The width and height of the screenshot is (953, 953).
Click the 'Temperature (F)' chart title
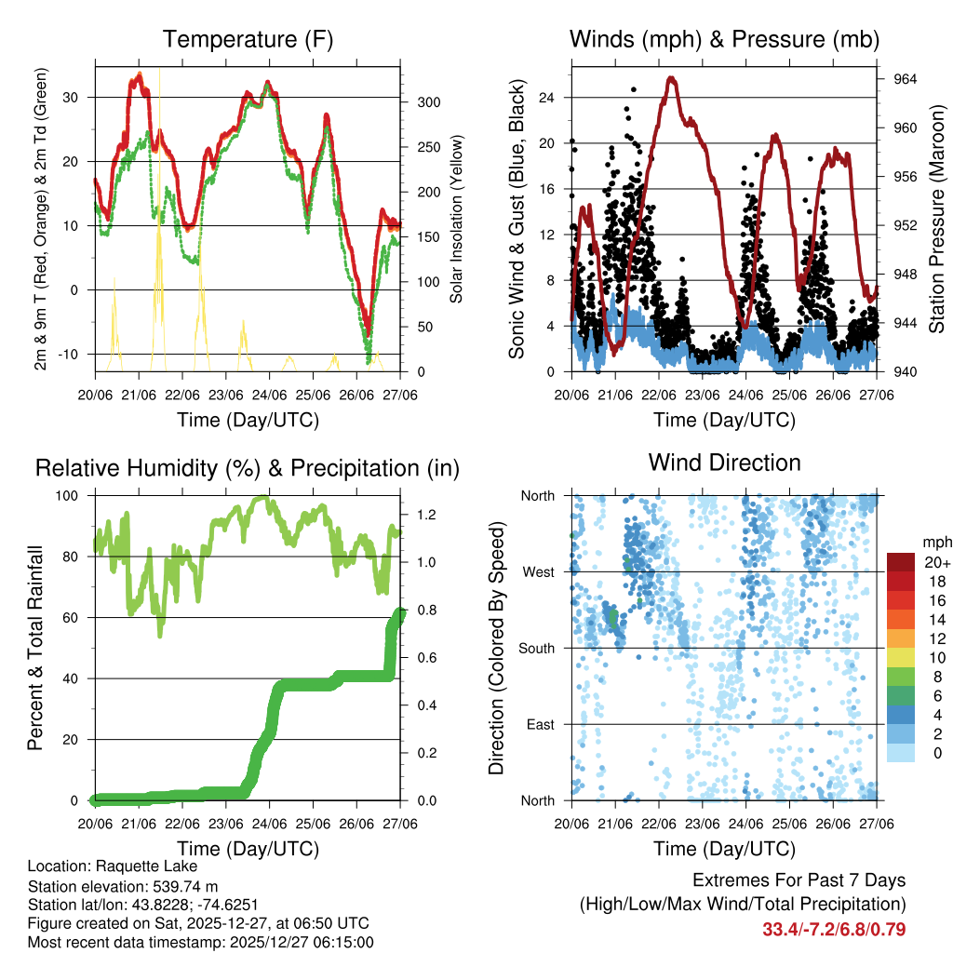[248, 40]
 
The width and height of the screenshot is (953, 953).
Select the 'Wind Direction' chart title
[724, 462]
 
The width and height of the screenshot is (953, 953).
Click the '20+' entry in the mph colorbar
[936, 562]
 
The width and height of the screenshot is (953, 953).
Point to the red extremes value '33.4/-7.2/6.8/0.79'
[834, 929]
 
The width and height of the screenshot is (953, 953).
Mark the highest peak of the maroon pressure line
[671, 78]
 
